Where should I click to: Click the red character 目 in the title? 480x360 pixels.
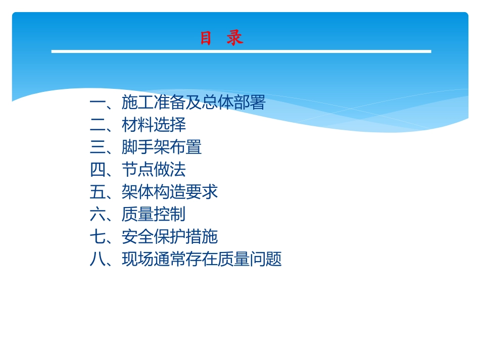206,38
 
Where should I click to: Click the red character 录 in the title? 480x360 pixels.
235,38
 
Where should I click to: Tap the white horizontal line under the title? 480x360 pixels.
241,52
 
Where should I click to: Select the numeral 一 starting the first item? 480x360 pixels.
98,103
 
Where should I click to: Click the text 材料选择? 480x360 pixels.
154,125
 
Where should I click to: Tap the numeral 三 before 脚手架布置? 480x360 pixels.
98,147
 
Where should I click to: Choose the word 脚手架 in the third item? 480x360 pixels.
146,147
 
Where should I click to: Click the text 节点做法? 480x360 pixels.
154,169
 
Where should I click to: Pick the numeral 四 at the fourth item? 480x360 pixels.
98,169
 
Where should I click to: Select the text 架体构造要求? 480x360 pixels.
170,192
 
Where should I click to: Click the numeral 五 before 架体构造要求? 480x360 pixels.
98,192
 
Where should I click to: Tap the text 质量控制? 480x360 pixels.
154,214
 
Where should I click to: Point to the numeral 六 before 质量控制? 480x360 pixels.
98,214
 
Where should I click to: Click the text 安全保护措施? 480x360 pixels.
170,236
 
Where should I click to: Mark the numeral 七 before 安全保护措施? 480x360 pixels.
98,236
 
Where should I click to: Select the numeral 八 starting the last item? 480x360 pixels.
98,259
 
